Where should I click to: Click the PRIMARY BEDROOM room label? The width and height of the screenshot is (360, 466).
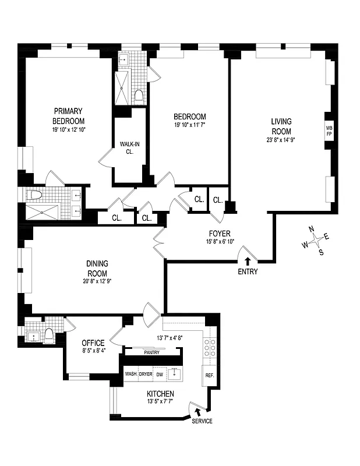click(68, 115)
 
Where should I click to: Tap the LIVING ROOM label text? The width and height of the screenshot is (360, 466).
click(281, 126)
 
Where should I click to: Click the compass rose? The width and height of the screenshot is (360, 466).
click(315, 239)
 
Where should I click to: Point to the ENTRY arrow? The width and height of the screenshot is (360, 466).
click(248, 262)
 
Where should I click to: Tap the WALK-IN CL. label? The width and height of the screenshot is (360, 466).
click(127, 147)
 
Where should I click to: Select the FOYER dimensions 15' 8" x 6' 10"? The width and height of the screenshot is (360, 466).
click(220, 241)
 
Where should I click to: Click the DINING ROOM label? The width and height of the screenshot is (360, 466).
click(97, 268)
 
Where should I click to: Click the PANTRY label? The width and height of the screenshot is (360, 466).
click(151, 352)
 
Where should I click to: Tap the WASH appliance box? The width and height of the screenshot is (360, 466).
click(131, 374)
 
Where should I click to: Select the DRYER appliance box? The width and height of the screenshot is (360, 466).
click(146, 374)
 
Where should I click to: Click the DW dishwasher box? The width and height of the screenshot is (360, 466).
click(160, 374)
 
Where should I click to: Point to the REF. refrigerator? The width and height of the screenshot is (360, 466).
click(209, 376)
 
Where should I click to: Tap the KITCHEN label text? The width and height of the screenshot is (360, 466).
click(160, 394)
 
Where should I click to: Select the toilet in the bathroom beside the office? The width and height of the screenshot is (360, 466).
click(49, 334)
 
